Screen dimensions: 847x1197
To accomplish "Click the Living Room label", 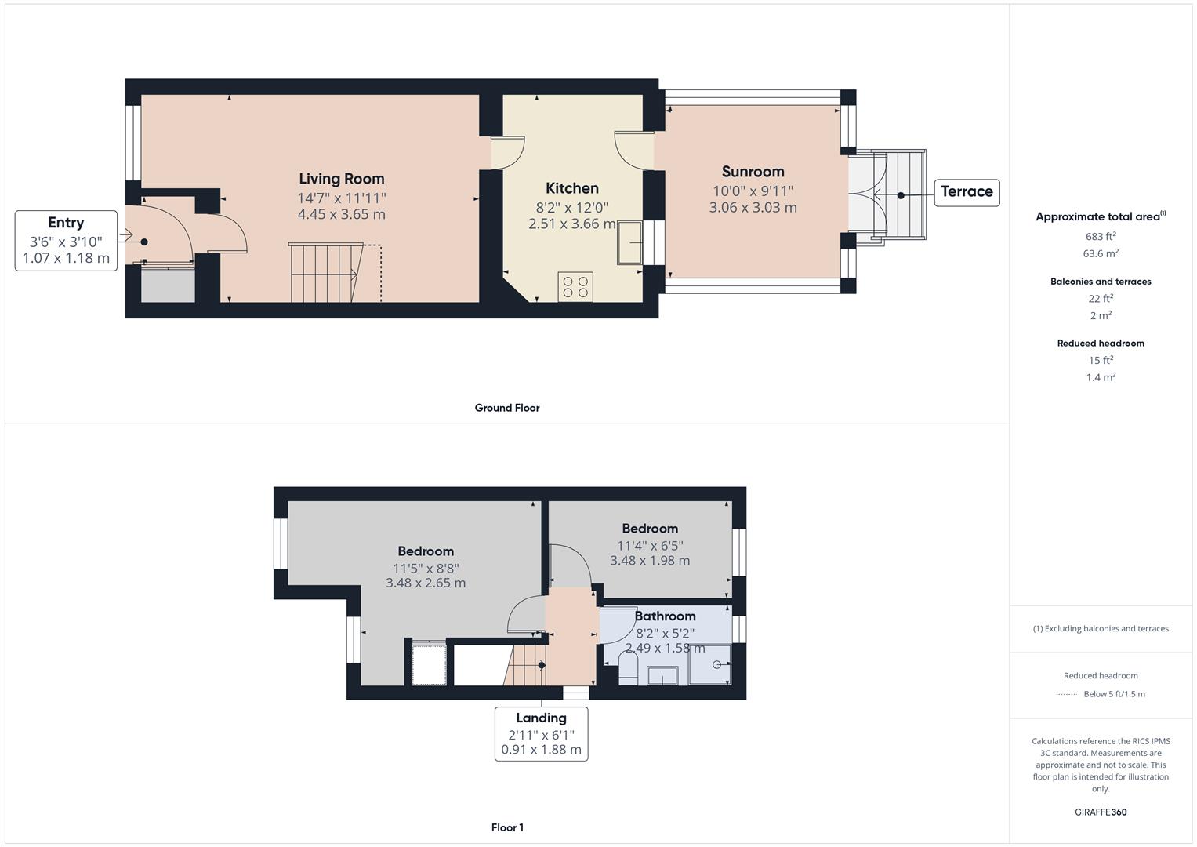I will tap(341, 179).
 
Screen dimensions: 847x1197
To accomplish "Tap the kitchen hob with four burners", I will tap(575, 286).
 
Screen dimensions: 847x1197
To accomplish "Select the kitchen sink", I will tap(629, 243).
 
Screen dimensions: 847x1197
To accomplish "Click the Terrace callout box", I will tap(967, 192).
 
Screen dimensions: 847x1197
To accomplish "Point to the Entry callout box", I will tap(66, 240).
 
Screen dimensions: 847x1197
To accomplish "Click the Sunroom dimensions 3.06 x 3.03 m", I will tap(753, 208).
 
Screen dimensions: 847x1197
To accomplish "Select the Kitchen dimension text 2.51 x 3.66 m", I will tap(571, 224).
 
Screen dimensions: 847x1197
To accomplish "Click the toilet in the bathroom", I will tap(628, 669).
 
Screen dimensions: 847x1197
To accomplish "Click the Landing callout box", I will tap(541, 733).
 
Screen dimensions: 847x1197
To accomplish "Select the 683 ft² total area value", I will tap(1101, 236).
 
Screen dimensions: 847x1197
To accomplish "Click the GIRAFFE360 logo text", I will tap(1101, 812).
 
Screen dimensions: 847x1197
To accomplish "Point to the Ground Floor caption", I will tap(507, 408).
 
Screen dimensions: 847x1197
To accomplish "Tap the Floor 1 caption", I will tap(507, 827).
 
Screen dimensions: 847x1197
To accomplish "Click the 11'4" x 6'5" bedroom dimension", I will tap(650, 545).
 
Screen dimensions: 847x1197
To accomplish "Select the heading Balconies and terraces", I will tap(1101, 282).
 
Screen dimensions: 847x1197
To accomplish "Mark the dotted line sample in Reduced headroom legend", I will tap(1067, 694).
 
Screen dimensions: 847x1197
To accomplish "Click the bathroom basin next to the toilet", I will tap(662, 675).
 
